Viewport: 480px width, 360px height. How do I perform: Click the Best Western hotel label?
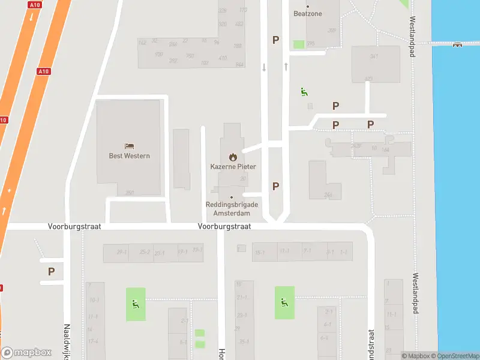tap(129, 156)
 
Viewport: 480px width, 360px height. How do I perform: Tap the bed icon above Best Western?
tap(129, 146)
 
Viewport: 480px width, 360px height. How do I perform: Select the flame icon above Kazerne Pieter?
tap(233, 157)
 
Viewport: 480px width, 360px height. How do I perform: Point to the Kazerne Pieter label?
tap(233, 167)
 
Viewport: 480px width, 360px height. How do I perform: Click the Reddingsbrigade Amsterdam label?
tap(232, 208)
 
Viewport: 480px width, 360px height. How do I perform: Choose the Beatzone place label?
tap(308, 13)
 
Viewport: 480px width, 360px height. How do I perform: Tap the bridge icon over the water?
tap(458, 43)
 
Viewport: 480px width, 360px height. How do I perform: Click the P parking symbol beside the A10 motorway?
tap(51, 271)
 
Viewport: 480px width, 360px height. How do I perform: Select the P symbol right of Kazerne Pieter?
tap(275, 186)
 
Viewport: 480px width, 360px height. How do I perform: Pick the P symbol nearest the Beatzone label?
tap(275, 40)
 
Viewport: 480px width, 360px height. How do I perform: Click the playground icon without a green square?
tap(304, 92)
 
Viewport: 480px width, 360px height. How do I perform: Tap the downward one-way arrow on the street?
tap(264, 67)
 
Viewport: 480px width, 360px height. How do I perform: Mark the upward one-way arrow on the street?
tap(286, 66)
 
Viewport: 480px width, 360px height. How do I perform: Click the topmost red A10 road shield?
tap(34, 4)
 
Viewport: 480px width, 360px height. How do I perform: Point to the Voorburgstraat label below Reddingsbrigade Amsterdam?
tap(224, 227)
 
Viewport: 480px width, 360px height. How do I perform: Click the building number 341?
tap(374, 57)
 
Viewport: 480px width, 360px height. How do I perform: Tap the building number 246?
tap(328, 195)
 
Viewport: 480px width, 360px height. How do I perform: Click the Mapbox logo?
tap(26, 353)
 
